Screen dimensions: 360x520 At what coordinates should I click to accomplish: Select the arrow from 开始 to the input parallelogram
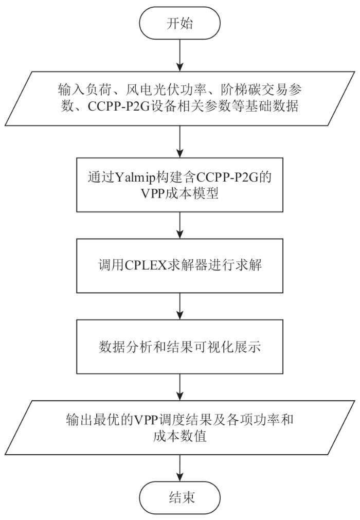tap(179, 56)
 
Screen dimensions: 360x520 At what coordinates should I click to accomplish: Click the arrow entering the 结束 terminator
tap(179, 468)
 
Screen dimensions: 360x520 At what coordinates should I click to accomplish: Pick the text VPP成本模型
tap(179, 193)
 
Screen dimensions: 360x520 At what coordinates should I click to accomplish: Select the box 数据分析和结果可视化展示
tap(179, 347)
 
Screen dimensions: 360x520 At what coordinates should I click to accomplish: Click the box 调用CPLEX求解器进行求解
tap(179, 265)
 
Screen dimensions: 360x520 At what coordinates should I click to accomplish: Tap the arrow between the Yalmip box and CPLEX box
tap(179, 225)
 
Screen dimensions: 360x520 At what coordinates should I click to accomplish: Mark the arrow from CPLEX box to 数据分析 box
tap(179, 306)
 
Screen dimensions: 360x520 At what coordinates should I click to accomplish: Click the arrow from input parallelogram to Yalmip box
tap(179, 141)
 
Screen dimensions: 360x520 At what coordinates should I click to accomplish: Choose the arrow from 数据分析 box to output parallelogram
tap(179, 387)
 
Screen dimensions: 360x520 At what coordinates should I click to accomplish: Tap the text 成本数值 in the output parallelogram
tap(179, 436)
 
